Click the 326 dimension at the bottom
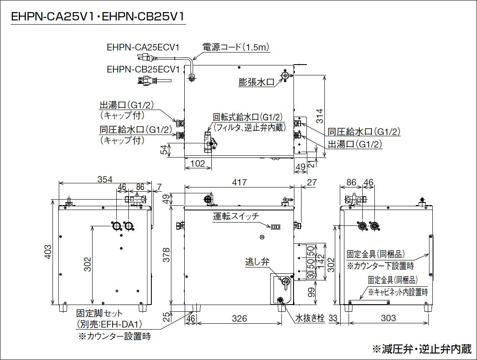point(239,319)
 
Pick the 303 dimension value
point(388,319)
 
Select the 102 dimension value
point(197,164)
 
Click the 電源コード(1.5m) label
point(236,47)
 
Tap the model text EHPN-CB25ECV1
point(143,69)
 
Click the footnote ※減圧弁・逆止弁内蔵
point(421,347)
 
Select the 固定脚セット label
point(100,312)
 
